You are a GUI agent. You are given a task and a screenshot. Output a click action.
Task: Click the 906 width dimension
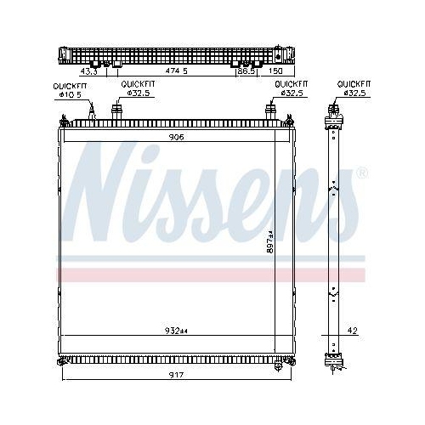176,136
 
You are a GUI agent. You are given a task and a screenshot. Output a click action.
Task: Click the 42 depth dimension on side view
352,331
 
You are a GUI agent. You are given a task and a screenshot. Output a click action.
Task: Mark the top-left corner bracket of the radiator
61,124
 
